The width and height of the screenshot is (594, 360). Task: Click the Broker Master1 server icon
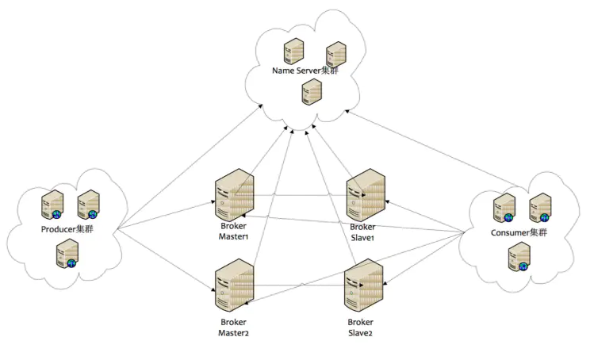(x=235, y=195)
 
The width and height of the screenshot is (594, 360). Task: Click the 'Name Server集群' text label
(x=305, y=71)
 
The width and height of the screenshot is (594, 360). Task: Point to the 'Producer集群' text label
(x=67, y=230)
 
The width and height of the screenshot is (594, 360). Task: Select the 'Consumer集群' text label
(x=519, y=232)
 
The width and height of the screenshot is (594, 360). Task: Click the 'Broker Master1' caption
(x=234, y=231)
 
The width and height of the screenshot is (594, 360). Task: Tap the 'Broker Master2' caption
(x=234, y=327)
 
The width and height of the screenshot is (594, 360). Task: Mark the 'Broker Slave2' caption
(x=360, y=327)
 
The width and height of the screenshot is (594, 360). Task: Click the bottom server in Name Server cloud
(x=311, y=92)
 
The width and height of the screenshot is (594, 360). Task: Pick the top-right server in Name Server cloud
(x=335, y=52)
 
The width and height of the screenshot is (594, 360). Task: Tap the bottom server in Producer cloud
(x=66, y=254)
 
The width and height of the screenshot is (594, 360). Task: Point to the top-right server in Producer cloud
(x=88, y=205)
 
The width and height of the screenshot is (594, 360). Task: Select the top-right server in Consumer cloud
(x=540, y=207)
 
